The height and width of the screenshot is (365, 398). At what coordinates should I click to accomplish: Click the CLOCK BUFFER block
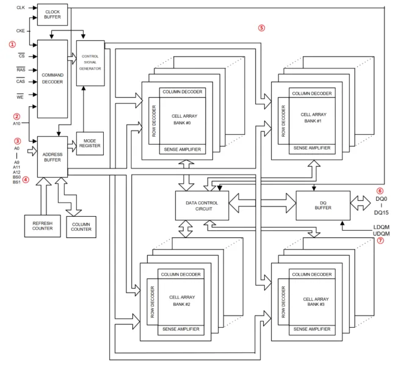tap(52, 15)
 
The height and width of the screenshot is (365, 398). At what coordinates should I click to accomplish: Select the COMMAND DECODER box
tap(52, 79)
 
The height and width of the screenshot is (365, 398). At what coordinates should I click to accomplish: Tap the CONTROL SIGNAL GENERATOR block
tap(90, 63)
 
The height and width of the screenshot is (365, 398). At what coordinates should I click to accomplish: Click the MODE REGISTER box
tap(90, 143)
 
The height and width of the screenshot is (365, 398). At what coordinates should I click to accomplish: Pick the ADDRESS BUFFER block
tap(52, 157)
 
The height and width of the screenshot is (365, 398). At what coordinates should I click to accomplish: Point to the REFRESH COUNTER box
tap(42, 226)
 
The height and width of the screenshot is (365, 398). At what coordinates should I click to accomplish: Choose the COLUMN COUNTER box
tap(81, 227)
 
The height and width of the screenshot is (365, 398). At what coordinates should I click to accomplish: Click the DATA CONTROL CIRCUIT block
tap(202, 206)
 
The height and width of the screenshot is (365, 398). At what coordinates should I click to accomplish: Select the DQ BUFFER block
tap(323, 206)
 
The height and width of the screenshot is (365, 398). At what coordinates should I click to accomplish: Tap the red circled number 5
tap(261, 28)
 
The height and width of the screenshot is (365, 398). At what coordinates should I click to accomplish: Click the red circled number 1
tap(12, 45)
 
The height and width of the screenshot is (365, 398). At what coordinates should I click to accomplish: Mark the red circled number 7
tap(380, 240)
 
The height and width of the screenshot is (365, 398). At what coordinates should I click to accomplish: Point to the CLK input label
tap(21, 7)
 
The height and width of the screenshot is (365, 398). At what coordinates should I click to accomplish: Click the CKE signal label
tap(21, 31)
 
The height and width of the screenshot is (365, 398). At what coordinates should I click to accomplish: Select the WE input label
tap(20, 96)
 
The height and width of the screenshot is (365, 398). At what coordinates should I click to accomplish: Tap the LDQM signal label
tap(382, 227)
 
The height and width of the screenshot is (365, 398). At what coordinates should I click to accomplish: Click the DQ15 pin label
tap(382, 212)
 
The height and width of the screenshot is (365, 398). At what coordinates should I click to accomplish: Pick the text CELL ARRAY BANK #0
tap(184, 119)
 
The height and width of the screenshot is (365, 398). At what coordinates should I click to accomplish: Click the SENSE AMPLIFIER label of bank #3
tap(312, 329)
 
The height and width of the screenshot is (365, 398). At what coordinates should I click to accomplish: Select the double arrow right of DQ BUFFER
tap(360, 203)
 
